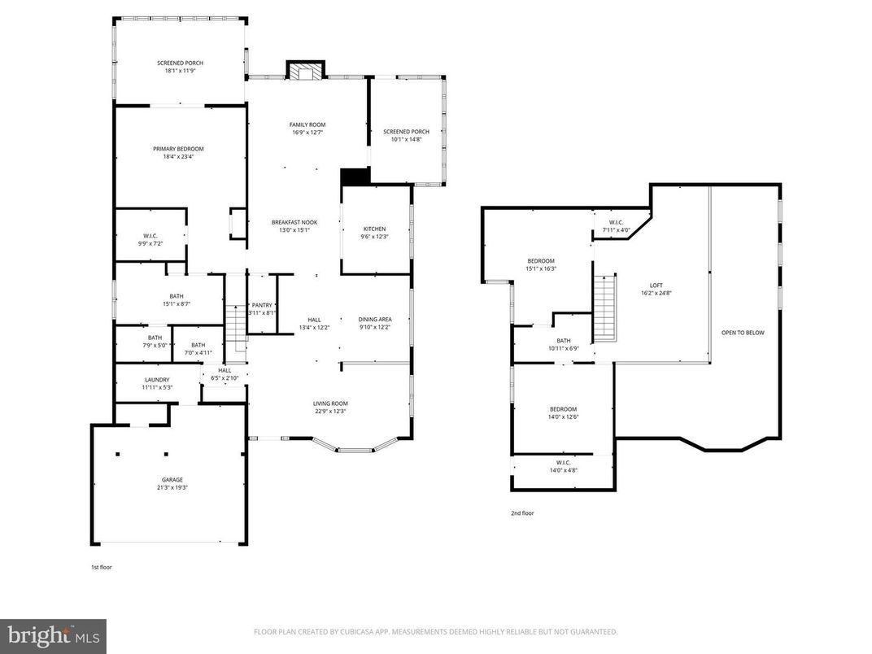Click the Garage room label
pos(172,483)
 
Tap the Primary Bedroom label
pos(178,152)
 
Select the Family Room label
pos(307,128)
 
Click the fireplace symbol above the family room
pos(305,72)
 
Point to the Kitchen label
pos(374,233)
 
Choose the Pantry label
pos(262,308)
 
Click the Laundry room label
pos(156,383)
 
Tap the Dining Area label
pos(375,323)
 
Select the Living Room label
pos(330,407)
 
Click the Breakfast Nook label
pos(294,225)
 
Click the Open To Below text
pos(743,332)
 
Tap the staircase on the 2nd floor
pos(604,309)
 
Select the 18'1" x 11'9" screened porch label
pos(180,67)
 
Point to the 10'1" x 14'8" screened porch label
pos(406,135)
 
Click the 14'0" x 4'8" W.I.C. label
pos(563,466)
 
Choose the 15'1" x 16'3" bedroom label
pos(540,264)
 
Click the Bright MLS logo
pos(53,635)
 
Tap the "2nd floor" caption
pos(521,513)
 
